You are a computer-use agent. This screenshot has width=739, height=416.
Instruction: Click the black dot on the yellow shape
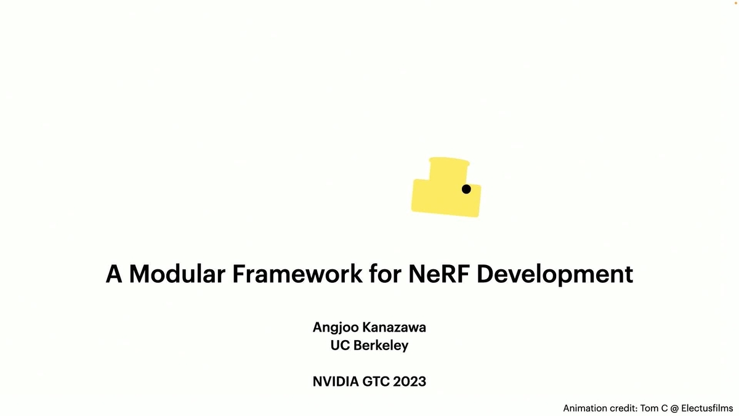[466, 189]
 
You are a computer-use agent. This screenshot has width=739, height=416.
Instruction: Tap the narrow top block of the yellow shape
[449, 169]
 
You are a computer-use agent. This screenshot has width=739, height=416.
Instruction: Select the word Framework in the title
[297, 274]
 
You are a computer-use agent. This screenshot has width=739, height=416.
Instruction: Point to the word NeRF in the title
[439, 274]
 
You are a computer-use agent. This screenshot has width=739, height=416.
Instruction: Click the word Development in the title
[555, 275]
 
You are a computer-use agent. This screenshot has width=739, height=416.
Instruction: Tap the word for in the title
[386, 274]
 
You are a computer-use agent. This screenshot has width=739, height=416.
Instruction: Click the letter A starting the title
[114, 274]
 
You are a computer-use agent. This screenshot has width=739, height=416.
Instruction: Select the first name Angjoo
[336, 328]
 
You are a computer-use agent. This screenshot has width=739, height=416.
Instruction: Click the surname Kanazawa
[394, 327]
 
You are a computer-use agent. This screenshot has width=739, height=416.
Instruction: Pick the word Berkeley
[381, 346]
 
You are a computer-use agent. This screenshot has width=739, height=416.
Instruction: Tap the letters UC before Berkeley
[340, 345]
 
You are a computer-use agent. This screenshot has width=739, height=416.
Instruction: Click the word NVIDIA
[336, 381]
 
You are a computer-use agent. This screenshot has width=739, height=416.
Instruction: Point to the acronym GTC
[376, 381]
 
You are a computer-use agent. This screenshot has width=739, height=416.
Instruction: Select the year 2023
[410, 381]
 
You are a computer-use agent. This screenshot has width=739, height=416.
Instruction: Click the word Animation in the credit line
[584, 409]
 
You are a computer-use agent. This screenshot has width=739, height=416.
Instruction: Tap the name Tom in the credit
[649, 409]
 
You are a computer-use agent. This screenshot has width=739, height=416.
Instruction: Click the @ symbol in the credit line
[675, 409]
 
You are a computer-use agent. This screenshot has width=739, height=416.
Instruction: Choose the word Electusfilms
[707, 409]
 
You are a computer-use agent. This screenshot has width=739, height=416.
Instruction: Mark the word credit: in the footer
[622, 409]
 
